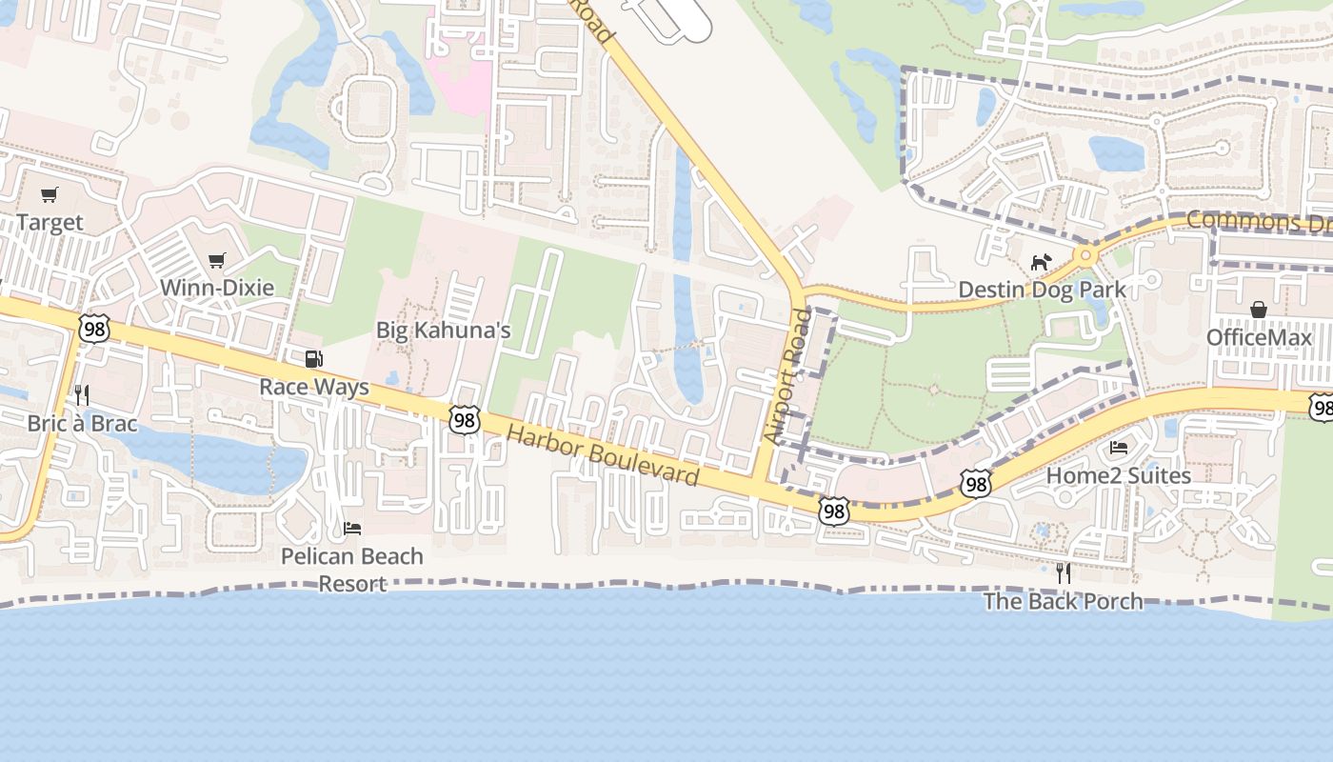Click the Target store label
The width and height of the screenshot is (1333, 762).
pyautogui.click(x=50, y=223)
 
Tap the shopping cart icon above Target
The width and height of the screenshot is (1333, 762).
pyautogui.click(x=50, y=195)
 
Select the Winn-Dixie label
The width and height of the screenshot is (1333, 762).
pyautogui.click(x=217, y=288)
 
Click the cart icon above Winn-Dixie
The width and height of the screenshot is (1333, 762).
pyautogui.click(x=217, y=260)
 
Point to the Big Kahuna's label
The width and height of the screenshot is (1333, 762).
pyautogui.click(x=444, y=331)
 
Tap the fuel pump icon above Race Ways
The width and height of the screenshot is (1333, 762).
pyautogui.click(x=313, y=359)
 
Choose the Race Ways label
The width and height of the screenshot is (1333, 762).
pyautogui.click(x=314, y=388)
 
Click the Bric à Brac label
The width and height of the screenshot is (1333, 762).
pyautogui.click(x=82, y=423)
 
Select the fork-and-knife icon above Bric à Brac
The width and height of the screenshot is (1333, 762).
pyautogui.click(x=82, y=395)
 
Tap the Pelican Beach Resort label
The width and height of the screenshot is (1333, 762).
pyautogui.click(x=352, y=570)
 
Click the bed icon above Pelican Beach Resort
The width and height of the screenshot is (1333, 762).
pyautogui.click(x=352, y=528)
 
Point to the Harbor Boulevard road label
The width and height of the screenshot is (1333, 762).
pyautogui.click(x=603, y=456)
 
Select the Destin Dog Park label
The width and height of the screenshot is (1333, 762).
pyautogui.click(x=1042, y=289)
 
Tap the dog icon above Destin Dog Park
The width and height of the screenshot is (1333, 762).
pyautogui.click(x=1042, y=261)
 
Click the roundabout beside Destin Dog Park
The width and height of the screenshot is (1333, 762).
pyautogui.click(x=1084, y=255)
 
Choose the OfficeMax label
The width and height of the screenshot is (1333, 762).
pyautogui.click(x=1259, y=338)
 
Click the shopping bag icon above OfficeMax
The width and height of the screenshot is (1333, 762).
pyautogui.click(x=1259, y=310)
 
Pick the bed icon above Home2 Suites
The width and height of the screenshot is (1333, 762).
pyautogui.click(x=1119, y=447)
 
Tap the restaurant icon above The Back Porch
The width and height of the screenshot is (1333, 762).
pyautogui.click(x=1063, y=572)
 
